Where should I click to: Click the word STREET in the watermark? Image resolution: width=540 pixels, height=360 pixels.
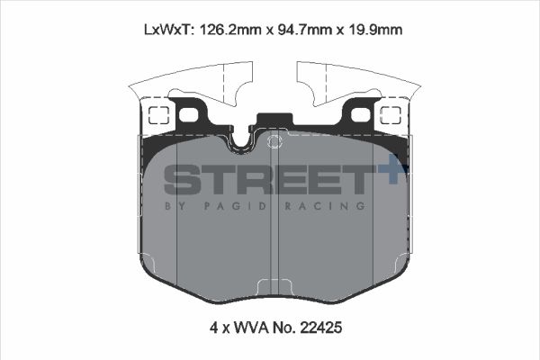pyautogui.click(x=265, y=180)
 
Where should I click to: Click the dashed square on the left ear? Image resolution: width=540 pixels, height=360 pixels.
pyautogui.click(x=157, y=115)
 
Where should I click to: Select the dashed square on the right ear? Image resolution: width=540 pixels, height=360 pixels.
pyautogui.click(x=391, y=115)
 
